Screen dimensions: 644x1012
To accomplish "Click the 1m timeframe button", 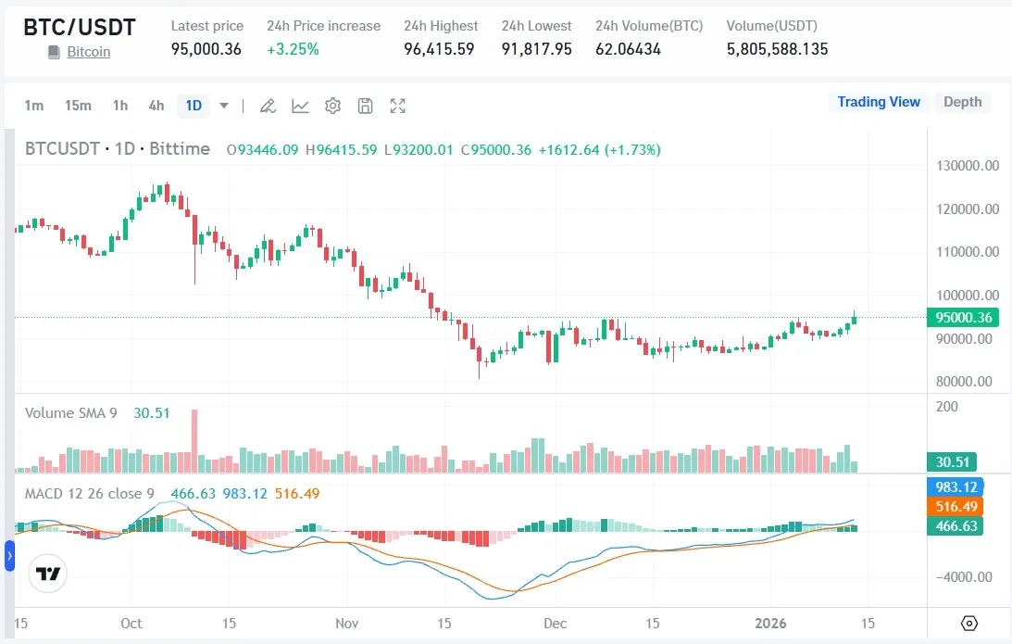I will pos(34,106).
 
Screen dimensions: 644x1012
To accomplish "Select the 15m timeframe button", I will pos(78,106).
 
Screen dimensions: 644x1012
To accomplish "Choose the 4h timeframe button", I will pos(156,106).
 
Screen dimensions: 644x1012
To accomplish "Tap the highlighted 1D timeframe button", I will pos(194,106).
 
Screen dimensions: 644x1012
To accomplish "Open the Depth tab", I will pos(962,102).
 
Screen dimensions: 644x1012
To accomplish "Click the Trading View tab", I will pos(879,102).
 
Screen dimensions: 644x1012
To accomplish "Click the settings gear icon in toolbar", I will pos(333,106).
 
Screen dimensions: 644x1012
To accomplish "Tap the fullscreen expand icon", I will pos(398,106).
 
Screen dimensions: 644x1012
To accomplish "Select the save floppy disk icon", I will pos(365,106).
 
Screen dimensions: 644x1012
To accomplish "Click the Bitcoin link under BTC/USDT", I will pos(88,52).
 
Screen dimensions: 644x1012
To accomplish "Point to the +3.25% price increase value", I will pos(293,49).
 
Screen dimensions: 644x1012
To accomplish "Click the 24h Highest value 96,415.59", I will pos(439,49).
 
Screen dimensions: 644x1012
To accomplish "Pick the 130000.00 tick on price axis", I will pos(968,166).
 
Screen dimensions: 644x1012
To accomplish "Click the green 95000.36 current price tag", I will pos(964,318).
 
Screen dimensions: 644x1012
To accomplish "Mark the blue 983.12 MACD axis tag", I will pos(957,486).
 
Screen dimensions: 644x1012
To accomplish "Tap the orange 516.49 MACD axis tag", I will pos(957,506).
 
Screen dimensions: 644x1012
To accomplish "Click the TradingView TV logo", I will pos(48,574).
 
